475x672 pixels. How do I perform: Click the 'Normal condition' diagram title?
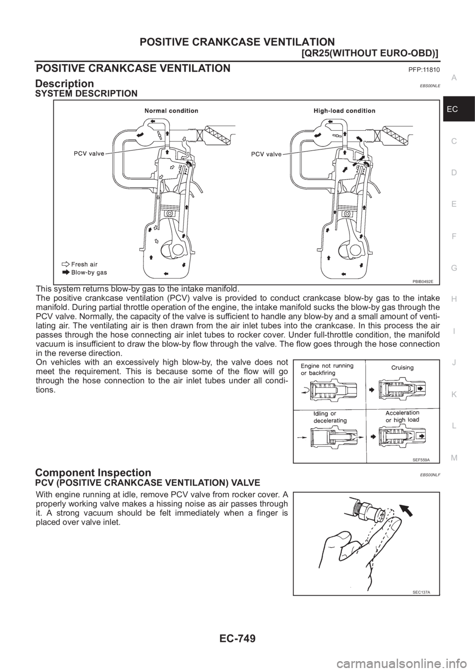pyautogui.click(x=171, y=111)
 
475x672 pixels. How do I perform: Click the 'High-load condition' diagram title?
pyautogui.click(x=344, y=111)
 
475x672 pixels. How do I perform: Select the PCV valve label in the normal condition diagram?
pyautogui.click(x=87, y=153)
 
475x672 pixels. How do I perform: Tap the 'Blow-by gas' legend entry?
pyautogui.click(x=89, y=272)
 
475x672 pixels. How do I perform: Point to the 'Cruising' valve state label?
pyautogui.click(x=402, y=368)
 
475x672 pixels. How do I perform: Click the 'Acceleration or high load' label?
pyautogui.click(x=402, y=416)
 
